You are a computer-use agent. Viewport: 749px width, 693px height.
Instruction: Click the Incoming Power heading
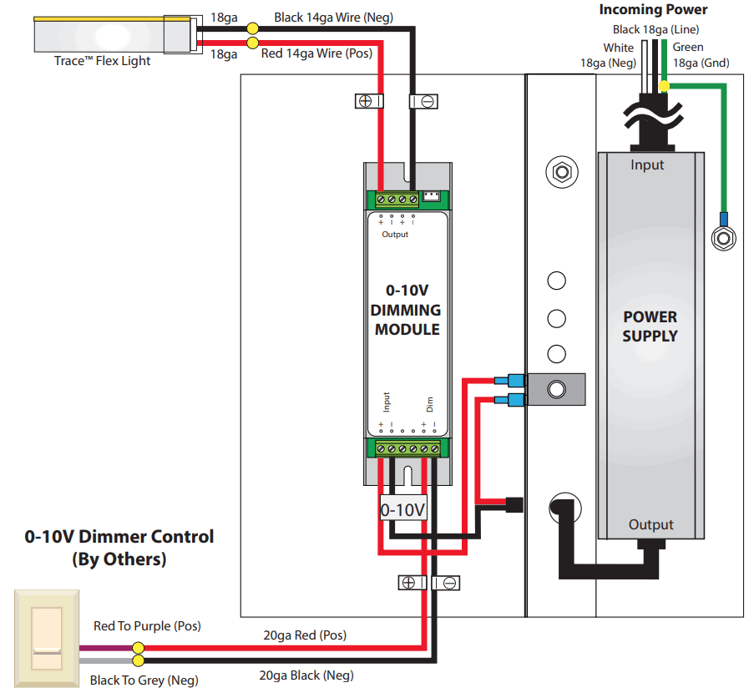click(x=653, y=10)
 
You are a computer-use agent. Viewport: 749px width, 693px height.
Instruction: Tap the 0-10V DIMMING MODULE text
click(x=407, y=310)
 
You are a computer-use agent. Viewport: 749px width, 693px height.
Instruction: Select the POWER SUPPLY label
click(x=650, y=326)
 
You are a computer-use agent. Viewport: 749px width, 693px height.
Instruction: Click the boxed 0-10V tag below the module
click(x=403, y=508)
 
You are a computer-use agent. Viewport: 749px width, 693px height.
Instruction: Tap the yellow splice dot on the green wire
click(x=664, y=85)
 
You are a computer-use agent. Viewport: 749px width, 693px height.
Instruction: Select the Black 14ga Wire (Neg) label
click(x=333, y=17)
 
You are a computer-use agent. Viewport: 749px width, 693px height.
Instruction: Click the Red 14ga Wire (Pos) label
click(x=316, y=53)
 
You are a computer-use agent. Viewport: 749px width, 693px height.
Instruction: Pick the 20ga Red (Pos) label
click(x=304, y=635)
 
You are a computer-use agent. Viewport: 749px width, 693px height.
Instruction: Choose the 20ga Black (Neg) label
click(x=306, y=675)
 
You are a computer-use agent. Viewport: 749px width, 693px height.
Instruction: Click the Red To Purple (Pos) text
click(x=147, y=625)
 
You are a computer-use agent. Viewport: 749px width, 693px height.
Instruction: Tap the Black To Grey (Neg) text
click(x=144, y=680)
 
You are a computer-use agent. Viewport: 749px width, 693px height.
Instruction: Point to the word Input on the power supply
click(x=647, y=164)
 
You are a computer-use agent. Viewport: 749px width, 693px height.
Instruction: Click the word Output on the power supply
click(x=650, y=524)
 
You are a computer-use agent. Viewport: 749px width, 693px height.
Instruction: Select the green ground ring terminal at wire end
click(x=722, y=236)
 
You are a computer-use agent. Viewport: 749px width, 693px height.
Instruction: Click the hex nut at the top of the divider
click(x=558, y=173)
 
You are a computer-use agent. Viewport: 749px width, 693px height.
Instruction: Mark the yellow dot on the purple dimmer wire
click(x=139, y=648)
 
